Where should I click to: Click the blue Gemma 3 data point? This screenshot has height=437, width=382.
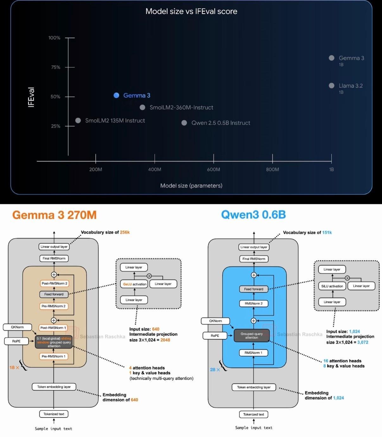click(x=116, y=95)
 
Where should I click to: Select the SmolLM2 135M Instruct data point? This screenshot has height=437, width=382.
click(x=78, y=120)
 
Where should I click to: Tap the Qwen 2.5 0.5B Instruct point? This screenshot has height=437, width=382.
click(x=184, y=123)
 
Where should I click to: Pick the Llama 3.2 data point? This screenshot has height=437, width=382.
click(x=332, y=85)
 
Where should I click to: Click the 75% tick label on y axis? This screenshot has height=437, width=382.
click(x=54, y=67)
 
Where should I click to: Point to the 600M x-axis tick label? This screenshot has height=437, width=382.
click(x=213, y=169)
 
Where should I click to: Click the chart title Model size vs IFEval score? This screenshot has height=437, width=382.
click(x=191, y=11)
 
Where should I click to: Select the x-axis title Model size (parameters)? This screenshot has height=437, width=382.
click(x=191, y=186)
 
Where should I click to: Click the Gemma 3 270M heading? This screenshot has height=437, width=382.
click(x=54, y=215)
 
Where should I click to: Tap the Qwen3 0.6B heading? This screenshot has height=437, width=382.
click(x=253, y=215)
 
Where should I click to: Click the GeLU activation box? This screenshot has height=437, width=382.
click(x=134, y=284)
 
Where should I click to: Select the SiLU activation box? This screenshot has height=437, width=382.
click(x=332, y=286)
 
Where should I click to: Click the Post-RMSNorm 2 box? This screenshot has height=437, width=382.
click(x=54, y=283)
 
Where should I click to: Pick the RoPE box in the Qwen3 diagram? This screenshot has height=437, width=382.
click(x=215, y=336)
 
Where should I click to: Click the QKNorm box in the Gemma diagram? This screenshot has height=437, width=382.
click(x=17, y=327)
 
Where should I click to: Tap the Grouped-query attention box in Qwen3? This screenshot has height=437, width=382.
click(x=251, y=336)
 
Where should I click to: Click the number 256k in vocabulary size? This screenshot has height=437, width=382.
click(x=125, y=232)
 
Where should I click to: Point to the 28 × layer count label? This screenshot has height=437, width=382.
click(x=215, y=370)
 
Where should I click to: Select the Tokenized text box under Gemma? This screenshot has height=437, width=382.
click(x=54, y=414)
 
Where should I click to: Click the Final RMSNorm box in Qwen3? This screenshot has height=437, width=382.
click(x=254, y=259)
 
